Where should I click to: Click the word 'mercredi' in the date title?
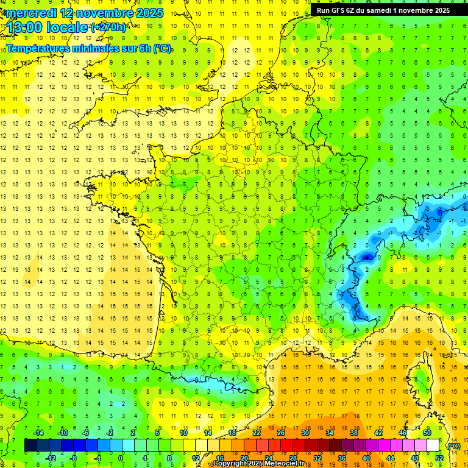32,12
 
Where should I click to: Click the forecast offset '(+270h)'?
108,27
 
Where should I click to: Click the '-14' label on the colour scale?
38,433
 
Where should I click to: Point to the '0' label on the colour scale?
120,458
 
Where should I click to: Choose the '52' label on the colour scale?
439,458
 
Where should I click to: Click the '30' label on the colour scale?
305,433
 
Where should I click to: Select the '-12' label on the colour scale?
51,458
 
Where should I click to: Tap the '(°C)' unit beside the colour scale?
454,445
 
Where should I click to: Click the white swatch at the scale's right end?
433,445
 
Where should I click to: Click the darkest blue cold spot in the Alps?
367,258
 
